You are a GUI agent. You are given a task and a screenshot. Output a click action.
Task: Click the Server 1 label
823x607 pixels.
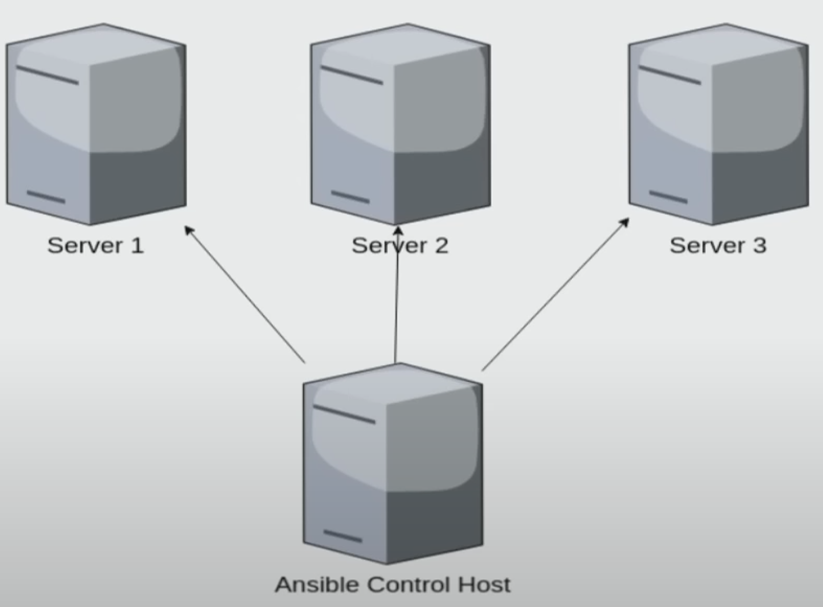pyautogui.click(x=96, y=245)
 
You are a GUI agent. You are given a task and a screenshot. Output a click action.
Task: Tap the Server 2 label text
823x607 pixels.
pyautogui.click(x=400, y=245)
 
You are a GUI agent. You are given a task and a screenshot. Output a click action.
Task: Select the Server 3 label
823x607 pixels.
pyautogui.click(x=718, y=245)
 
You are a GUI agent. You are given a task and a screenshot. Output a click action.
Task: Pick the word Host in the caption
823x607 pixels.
pyautogui.click(x=484, y=585)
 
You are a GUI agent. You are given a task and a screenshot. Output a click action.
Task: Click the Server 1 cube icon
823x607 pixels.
pyautogui.click(x=96, y=124)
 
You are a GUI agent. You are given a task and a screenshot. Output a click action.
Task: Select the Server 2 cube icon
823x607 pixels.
pyautogui.click(x=401, y=124)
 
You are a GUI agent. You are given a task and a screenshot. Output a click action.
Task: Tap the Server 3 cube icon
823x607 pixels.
pyautogui.click(x=718, y=124)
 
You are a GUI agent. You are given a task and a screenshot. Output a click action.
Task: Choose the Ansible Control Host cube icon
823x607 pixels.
pyautogui.click(x=393, y=464)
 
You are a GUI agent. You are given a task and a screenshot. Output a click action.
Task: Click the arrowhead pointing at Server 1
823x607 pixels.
pyautogui.click(x=189, y=230)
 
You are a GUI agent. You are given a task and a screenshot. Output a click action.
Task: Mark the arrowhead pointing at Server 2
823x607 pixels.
pyautogui.click(x=398, y=231)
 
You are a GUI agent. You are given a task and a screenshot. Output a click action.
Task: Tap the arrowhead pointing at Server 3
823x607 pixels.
pyautogui.click(x=624, y=223)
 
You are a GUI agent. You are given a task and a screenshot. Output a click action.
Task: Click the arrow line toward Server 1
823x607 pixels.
pyautogui.click(x=246, y=295)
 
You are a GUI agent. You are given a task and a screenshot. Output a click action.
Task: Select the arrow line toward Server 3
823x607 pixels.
pyautogui.click(x=554, y=295)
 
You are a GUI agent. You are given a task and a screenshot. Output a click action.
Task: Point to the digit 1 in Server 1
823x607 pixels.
pyautogui.click(x=137, y=245)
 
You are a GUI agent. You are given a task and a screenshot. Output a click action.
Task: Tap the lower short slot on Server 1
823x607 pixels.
pyautogui.click(x=46, y=197)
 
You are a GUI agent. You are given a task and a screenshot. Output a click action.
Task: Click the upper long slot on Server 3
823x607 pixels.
pyautogui.click(x=669, y=75)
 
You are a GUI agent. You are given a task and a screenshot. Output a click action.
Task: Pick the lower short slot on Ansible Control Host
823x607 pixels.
pyautogui.click(x=342, y=536)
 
